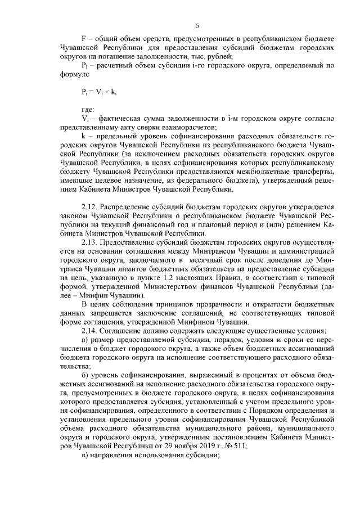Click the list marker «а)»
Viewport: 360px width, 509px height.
pos(85,339)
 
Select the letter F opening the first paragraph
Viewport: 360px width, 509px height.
pos(84,35)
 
